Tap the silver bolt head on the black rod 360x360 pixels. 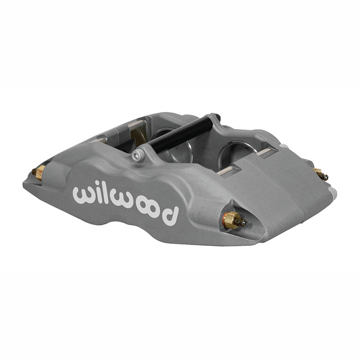138,156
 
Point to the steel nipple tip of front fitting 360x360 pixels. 244,223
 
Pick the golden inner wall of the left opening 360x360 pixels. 138,134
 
